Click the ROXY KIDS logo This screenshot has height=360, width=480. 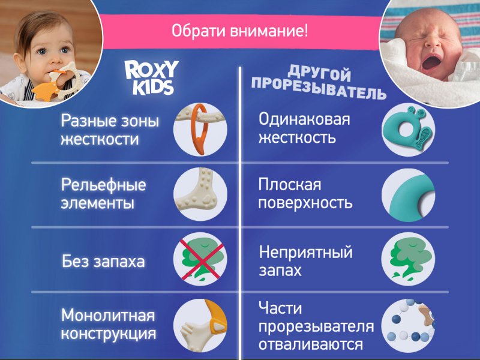pos(151,78)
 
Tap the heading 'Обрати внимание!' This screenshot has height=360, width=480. pos(239,31)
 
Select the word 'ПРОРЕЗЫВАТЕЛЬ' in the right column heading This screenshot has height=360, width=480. pos(319,88)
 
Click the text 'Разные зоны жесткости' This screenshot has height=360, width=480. pos(110,130)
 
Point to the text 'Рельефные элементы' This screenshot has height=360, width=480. pos(103,194)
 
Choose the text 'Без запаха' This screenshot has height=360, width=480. pos(103,262)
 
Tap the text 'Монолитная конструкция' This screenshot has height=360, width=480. pos(109,324)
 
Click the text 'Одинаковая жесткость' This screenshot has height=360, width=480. pos(304,128)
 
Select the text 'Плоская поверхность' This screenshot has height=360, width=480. pos(305,193)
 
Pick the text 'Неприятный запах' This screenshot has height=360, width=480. pos(306,261)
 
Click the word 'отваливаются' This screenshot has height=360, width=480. pos(311,344)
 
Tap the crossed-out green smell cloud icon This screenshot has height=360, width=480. pos(200,259)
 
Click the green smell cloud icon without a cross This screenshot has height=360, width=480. pos(408,259)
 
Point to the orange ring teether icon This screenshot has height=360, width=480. pos(200,130)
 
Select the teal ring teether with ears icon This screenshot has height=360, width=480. pos(408,130)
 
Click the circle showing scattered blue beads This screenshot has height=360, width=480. pos(408,325)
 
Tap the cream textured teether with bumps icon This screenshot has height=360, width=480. pos(200,194)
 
